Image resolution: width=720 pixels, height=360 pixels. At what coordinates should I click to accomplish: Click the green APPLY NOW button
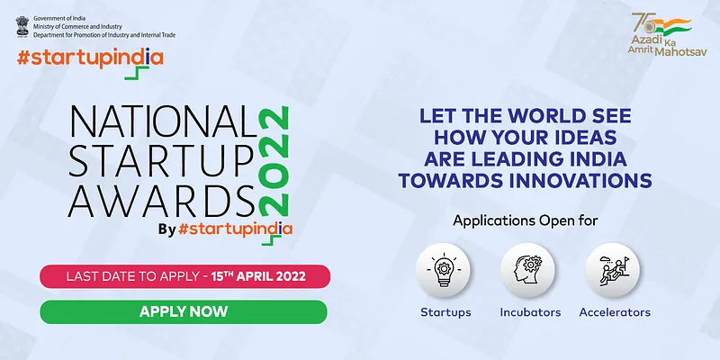184,311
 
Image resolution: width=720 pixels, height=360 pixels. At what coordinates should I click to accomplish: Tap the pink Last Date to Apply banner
185,276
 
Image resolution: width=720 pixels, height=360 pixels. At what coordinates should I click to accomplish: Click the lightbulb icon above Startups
443,270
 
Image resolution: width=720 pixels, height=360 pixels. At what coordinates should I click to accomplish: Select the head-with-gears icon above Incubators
527,270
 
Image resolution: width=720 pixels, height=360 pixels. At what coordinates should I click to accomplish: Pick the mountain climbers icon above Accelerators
613,270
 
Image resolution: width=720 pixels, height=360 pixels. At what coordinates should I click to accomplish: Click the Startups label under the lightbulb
445,312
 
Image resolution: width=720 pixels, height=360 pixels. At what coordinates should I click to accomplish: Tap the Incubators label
530,312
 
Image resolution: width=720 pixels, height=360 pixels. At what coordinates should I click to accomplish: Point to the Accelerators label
615,312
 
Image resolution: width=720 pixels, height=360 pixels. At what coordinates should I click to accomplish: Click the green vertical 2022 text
274,161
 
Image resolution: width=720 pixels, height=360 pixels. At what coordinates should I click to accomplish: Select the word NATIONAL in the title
163,121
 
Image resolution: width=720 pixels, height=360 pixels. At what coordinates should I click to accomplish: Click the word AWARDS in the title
161,202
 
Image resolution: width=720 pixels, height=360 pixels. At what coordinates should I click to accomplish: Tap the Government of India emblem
22,27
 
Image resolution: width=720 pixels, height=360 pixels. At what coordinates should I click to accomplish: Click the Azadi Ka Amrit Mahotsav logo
667,34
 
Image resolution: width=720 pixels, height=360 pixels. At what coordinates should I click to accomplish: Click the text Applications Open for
526,220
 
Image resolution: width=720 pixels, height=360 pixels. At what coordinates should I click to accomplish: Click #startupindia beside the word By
235,229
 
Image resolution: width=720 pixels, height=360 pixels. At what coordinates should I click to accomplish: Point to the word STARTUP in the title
161,162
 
